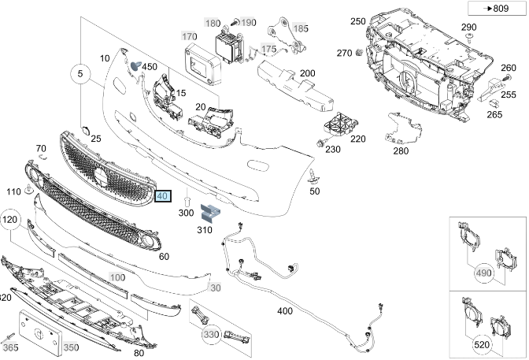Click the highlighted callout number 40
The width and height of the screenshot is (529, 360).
click(163, 197)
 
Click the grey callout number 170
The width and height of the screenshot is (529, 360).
click(189, 37)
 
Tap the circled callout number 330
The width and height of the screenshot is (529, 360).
click(211, 336)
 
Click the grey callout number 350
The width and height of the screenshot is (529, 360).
click(71, 347)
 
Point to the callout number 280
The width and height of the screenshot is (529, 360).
click(401, 150)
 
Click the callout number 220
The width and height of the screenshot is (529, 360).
click(358, 139)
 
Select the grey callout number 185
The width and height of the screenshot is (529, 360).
click(301, 28)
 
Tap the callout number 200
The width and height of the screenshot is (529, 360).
click(307, 73)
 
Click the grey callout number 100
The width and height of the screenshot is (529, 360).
click(117, 278)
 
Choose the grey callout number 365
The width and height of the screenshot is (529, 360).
click(10, 347)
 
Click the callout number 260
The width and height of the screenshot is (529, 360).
click(509, 67)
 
